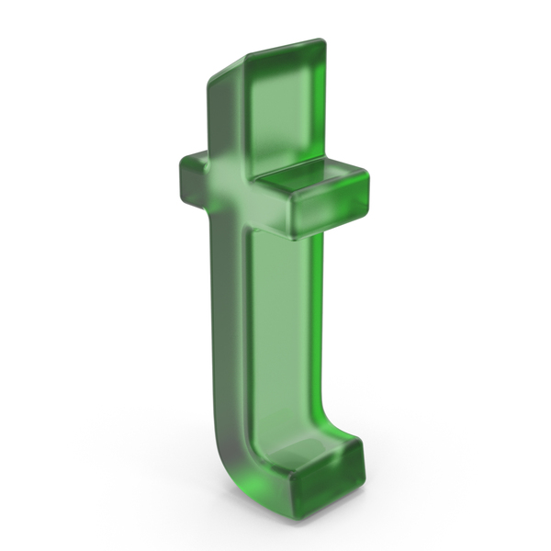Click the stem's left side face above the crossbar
(225, 116)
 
